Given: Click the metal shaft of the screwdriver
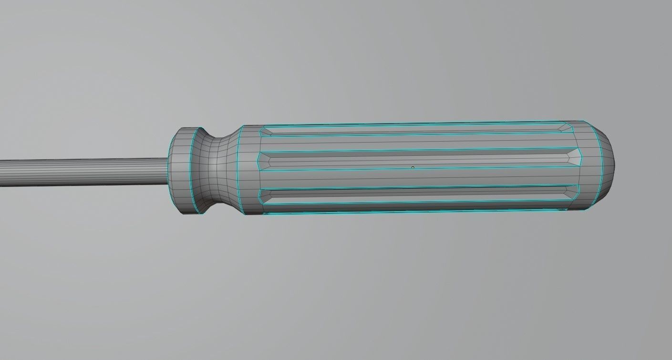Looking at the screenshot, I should coord(81,172).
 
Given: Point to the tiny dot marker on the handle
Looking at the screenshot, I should coord(413,167).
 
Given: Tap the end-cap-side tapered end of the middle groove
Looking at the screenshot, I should coord(574,155).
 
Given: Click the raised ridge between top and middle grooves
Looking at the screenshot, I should coord(415,142).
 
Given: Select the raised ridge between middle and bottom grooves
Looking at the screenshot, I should coord(415,178).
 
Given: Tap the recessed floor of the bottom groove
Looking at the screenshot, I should coord(415,195).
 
